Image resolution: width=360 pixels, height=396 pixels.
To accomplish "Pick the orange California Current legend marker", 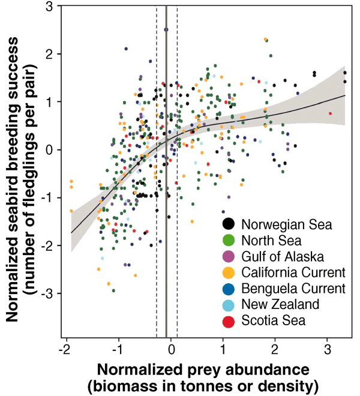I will point(228,273).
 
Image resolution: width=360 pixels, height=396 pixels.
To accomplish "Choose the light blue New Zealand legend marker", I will point(228,305).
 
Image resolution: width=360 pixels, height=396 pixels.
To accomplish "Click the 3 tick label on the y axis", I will point(49,7).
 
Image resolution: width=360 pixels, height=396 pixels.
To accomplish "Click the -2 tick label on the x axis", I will point(65,349).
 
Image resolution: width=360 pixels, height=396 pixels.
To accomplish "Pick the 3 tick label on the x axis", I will point(328,349).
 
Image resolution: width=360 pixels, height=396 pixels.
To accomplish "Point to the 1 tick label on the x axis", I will point(223,349).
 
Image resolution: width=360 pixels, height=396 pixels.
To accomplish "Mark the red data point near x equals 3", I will point(330,113).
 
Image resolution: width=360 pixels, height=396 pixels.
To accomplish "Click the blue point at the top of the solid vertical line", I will point(166,29).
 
